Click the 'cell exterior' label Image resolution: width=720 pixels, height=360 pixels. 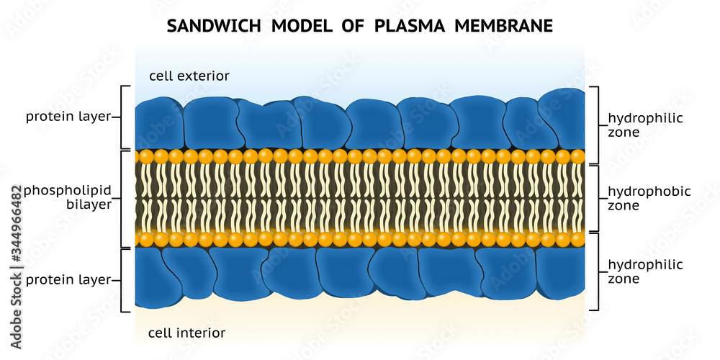click(x=189, y=76)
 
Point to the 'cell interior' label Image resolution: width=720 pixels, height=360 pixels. click(x=186, y=333)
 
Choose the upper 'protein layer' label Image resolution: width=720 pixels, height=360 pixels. click(x=68, y=117)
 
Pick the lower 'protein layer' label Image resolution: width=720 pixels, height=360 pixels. click(x=68, y=280)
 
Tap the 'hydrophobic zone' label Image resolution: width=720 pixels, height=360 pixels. click(x=649, y=198)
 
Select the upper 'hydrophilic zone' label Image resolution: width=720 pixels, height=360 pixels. click(x=645, y=125)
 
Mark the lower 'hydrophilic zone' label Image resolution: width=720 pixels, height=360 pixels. click(x=645, y=272)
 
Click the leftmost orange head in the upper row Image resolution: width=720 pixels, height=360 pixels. click(x=146, y=156)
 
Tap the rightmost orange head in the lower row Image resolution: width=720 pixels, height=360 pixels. click(x=577, y=239)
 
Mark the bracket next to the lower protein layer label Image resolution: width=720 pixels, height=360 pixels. click(x=124, y=280)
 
